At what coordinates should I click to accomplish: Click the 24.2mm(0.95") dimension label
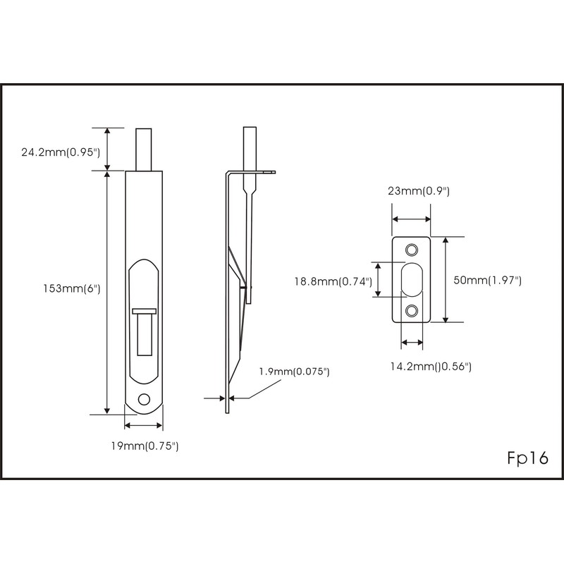[x=61, y=151]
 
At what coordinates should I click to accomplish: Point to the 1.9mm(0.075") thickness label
[x=294, y=372]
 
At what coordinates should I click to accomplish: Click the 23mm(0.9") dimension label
[x=418, y=191]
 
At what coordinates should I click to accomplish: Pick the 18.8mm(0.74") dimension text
[x=333, y=281]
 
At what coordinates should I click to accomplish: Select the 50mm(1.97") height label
[x=487, y=280]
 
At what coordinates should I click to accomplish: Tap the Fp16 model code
[x=527, y=458]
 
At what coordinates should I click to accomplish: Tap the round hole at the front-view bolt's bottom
[x=144, y=398]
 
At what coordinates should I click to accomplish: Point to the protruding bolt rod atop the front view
[x=144, y=149]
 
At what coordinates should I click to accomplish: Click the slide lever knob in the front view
[x=144, y=311]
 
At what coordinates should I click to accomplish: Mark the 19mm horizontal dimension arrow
[x=143, y=425]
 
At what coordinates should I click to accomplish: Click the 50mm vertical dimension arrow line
[x=446, y=280]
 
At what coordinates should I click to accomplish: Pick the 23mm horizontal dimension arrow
[x=412, y=219]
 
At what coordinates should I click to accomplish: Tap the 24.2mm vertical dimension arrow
[x=107, y=149]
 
